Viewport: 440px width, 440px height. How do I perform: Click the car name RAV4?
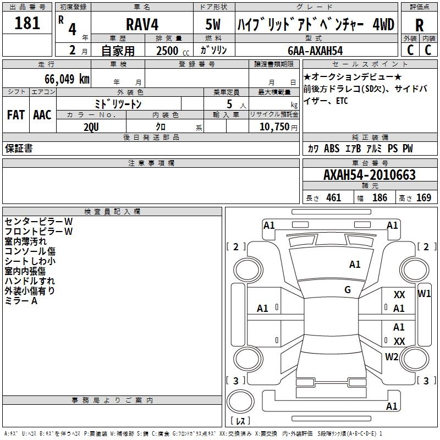click(x=141, y=24)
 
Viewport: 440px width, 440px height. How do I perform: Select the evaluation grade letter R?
click(x=419, y=25)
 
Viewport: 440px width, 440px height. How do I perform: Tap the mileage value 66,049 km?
click(x=67, y=79)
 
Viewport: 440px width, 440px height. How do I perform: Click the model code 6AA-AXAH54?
click(x=316, y=51)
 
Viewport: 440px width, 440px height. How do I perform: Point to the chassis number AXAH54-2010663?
click(x=369, y=175)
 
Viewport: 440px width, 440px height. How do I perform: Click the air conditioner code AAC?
click(x=42, y=114)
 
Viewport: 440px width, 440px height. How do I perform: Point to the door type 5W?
click(x=213, y=24)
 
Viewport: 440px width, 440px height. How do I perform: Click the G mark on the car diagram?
click(x=348, y=289)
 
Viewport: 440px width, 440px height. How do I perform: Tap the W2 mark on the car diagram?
click(x=392, y=356)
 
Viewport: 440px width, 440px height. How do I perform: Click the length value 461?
click(x=333, y=198)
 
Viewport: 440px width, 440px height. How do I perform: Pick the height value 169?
click(x=424, y=198)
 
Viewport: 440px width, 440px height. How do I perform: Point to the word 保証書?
click(x=19, y=148)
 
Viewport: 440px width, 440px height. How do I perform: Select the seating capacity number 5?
click(x=229, y=104)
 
